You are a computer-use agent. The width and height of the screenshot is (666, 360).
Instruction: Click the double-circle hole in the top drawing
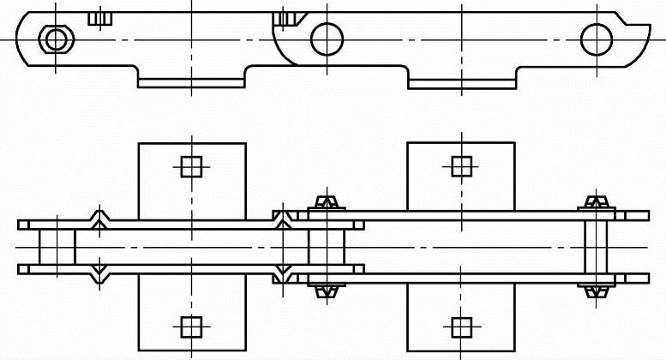coord(56,39)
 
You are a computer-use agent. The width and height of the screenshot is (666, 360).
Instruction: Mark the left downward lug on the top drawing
coord(192,80)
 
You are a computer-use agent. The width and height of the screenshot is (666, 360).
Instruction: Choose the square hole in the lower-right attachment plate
coord(461,326)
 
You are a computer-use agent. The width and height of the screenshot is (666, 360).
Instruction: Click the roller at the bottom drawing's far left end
coord(57,247)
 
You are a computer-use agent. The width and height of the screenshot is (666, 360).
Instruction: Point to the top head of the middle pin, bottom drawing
coord(326,204)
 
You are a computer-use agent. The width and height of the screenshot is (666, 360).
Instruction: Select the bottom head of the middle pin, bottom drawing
coord(326,290)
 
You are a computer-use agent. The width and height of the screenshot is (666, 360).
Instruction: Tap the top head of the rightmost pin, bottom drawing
coord(595,204)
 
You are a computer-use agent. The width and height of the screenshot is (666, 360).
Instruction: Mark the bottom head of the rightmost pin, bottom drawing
coord(595,290)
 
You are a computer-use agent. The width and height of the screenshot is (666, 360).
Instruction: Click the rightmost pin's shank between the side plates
coord(595,247)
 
